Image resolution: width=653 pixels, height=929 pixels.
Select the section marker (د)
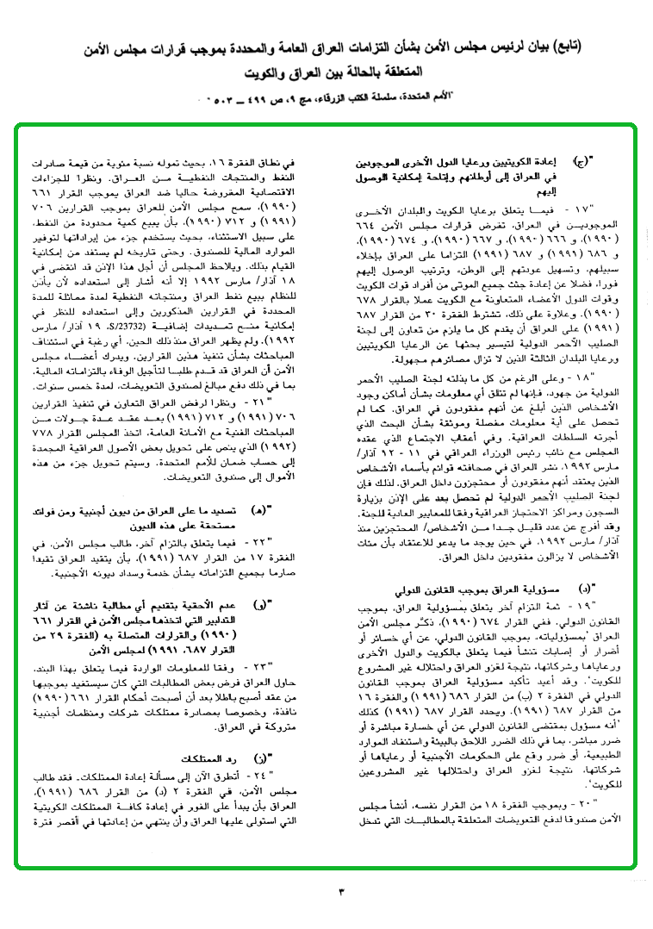[x=584, y=589]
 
